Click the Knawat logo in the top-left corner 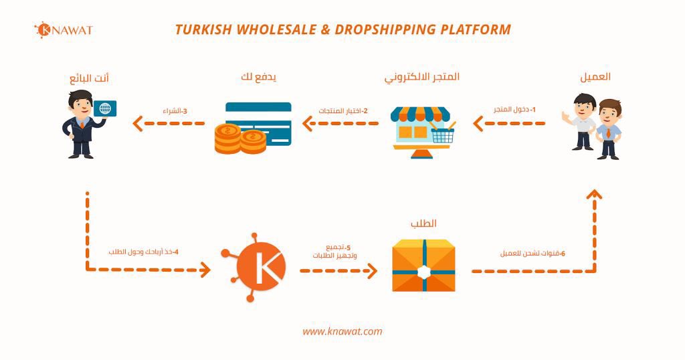(63, 30)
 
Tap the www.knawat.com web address (342, 331)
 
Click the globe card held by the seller (104, 109)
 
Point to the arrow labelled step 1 (509, 123)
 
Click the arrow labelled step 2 (340, 123)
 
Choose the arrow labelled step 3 (169, 123)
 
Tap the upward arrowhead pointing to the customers (594, 195)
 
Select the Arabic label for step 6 (532, 254)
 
